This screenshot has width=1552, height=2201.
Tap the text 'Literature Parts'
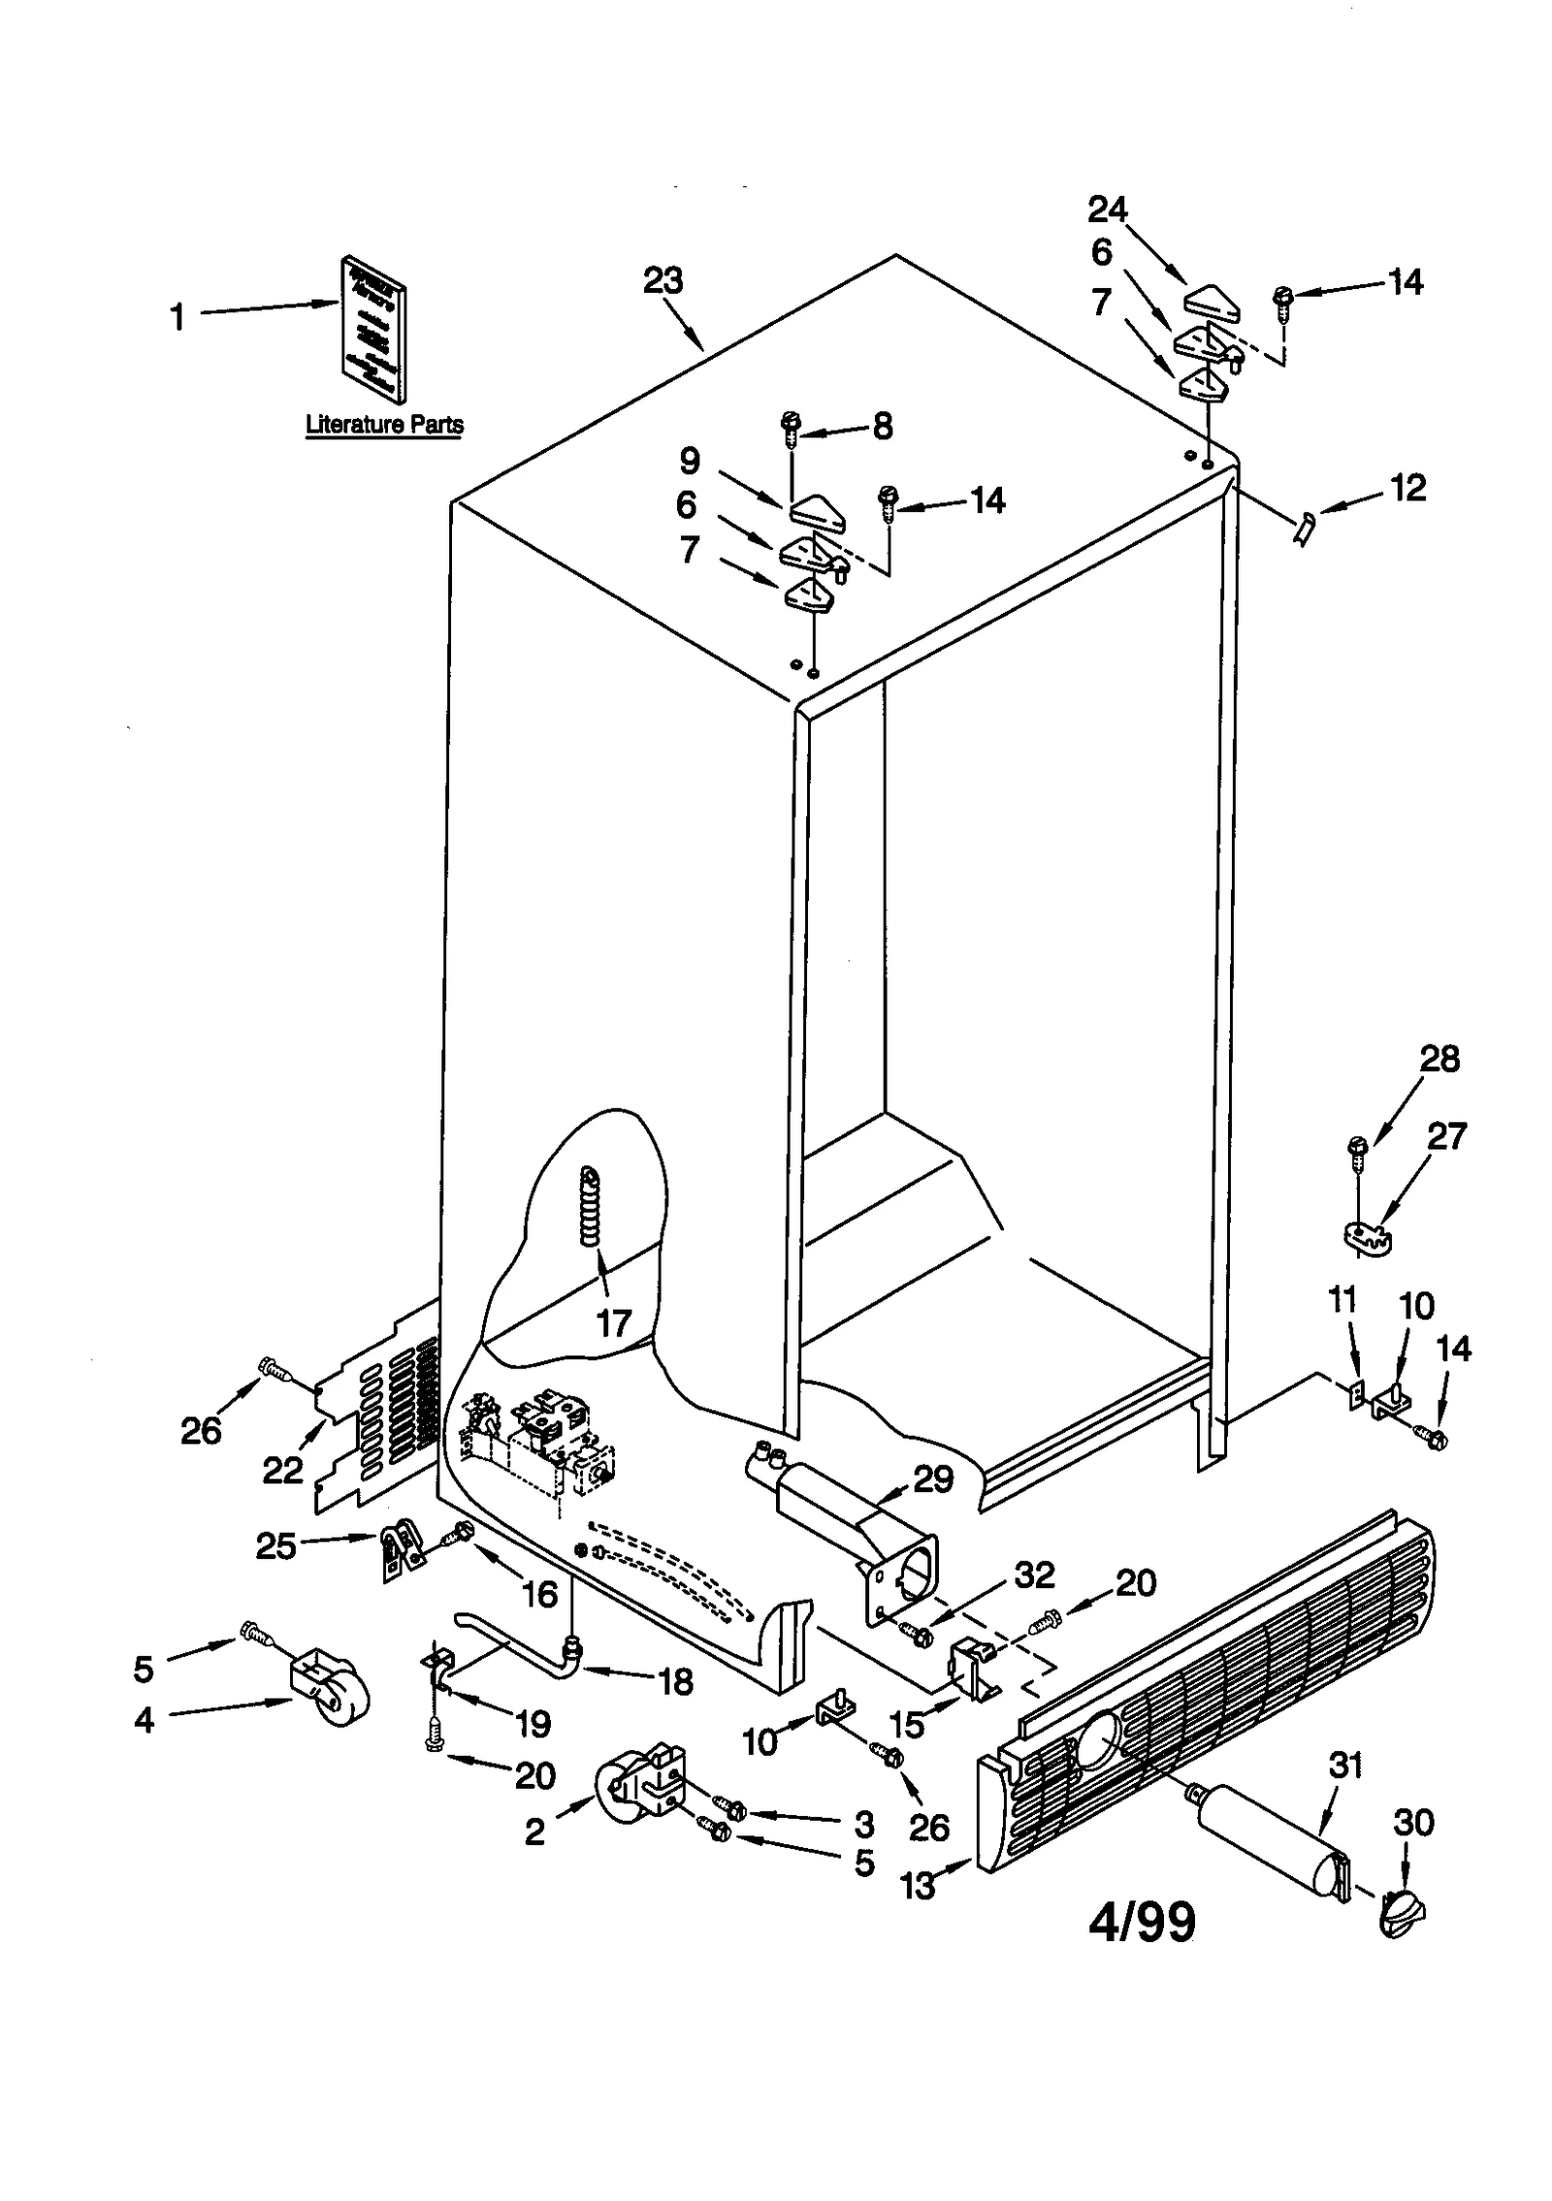(384, 424)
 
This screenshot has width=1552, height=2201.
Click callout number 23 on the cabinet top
(663, 281)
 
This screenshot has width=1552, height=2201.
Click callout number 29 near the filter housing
(933, 1480)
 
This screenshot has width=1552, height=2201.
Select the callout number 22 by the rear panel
(282, 1471)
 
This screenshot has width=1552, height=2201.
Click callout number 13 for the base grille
(918, 1884)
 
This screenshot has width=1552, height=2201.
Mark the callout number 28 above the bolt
(1439, 1059)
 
